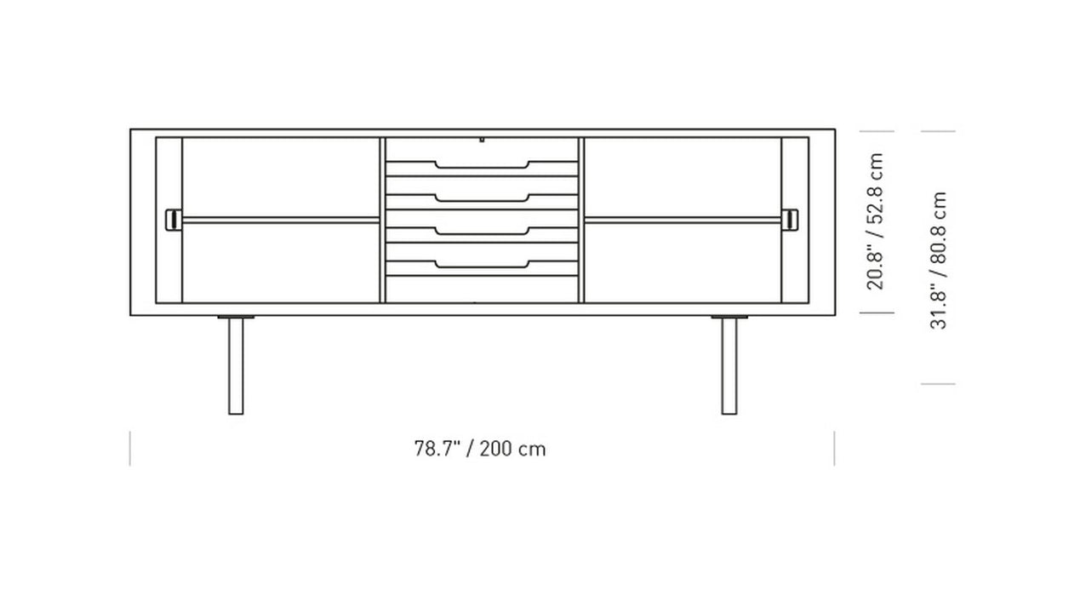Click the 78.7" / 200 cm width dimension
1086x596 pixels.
coord(480,449)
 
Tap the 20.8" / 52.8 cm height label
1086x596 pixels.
coord(876,221)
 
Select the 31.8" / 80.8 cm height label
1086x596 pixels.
coord(938,260)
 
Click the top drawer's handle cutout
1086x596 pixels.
coord(482,164)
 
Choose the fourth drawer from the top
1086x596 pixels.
coord(482,256)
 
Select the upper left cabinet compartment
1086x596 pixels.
coord(281,176)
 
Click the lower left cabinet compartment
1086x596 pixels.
coord(281,262)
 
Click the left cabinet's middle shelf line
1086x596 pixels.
coord(281,219)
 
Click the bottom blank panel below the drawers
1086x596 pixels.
coord(482,289)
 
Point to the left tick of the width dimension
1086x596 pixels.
coord(130,449)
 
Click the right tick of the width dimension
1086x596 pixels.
coord(834,449)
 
